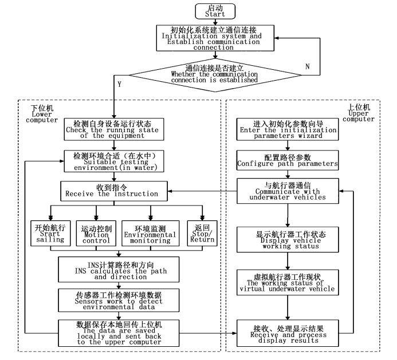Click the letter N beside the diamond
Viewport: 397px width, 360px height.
307,66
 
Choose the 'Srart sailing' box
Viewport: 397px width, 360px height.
49,233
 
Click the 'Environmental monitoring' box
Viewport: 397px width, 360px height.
151,233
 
